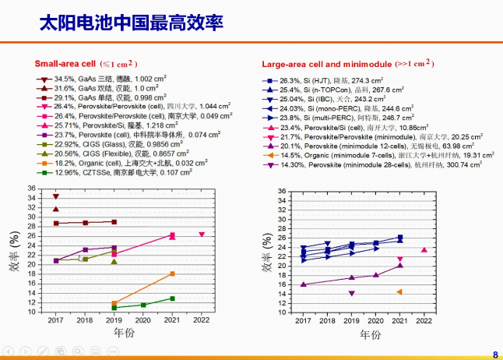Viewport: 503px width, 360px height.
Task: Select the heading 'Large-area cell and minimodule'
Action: pyautogui.click(x=325, y=63)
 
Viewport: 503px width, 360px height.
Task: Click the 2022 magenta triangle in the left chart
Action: pyautogui.click(x=202, y=235)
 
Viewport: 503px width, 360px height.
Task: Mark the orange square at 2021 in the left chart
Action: pyautogui.click(x=172, y=274)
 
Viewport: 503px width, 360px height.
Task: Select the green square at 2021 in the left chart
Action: pyautogui.click(x=172, y=298)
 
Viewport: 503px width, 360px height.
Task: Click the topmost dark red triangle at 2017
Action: pyautogui.click(x=56, y=196)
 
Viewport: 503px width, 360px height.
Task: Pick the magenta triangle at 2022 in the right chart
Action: pyautogui.click(x=424, y=250)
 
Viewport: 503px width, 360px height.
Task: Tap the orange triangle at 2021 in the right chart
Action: pyautogui.click(x=399, y=292)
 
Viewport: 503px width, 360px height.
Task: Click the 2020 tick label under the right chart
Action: pyautogui.click(x=375, y=320)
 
